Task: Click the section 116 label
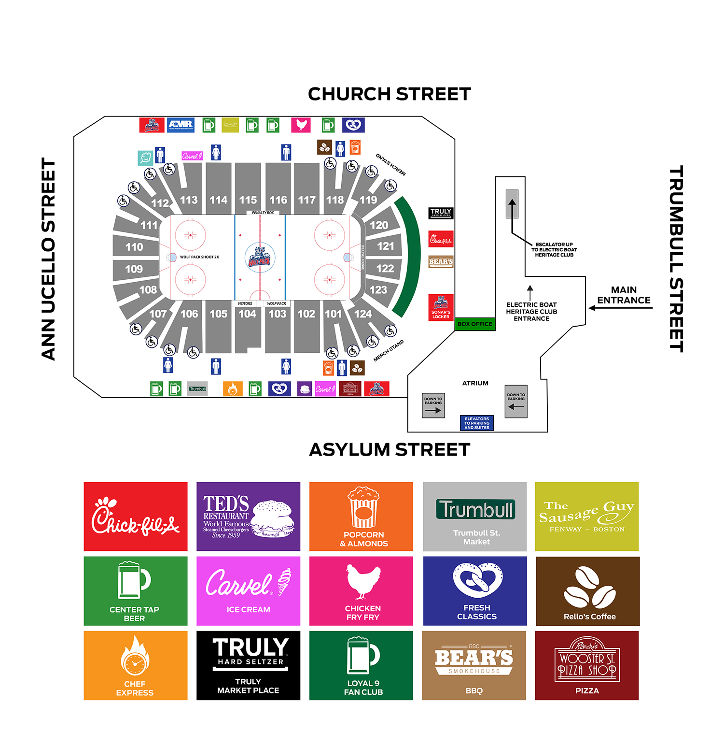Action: click(278, 200)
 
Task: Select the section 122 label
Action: click(385, 268)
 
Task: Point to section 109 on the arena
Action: click(134, 269)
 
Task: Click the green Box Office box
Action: click(475, 324)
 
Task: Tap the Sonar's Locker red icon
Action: click(441, 307)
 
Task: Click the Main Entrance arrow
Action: click(620, 308)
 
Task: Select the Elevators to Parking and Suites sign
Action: click(476, 423)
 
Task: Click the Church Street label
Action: click(389, 94)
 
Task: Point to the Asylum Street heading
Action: click(389, 450)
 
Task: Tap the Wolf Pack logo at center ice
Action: click(260, 258)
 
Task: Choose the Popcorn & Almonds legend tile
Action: click(361, 516)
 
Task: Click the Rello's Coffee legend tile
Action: click(587, 591)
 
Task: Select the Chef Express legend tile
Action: click(136, 665)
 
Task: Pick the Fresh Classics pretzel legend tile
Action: click(475, 591)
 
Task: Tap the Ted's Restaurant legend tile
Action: click(248, 516)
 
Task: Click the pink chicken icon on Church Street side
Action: click(301, 125)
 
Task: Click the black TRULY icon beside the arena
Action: click(441, 213)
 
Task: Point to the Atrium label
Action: click(475, 383)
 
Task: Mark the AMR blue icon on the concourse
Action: click(181, 125)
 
